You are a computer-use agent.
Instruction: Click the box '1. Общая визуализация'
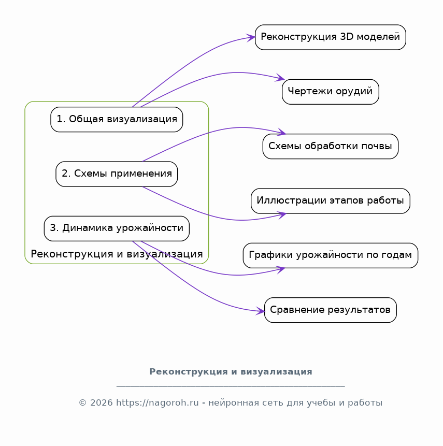(x=117, y=120)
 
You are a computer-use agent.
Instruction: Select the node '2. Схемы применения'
(x=117, y=174)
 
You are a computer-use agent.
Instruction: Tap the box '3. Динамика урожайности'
(x=117, y=228)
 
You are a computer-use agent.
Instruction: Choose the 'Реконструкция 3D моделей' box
(x=331, y=37)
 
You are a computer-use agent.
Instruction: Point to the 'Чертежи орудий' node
(x=331, y=92)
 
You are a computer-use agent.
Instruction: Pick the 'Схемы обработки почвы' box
(x=331, y=147)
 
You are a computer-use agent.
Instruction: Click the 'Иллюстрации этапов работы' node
(x=331, y=201)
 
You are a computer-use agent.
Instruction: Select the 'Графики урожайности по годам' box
(x=331, y=255)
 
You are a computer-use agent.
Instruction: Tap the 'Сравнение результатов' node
(x=331, y=310)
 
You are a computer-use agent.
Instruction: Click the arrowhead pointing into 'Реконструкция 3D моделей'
(x=251, y=37)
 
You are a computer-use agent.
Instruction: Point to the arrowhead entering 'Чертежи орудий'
(x=280, y=78)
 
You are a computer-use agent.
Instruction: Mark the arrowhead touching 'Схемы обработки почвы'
(x=281, y=132)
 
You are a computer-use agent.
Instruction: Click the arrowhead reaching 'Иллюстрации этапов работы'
(x=281, y=215)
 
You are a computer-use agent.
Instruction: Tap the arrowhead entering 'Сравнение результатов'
(x=260, y=311)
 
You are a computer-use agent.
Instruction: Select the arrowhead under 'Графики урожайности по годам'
(x=280, y=269)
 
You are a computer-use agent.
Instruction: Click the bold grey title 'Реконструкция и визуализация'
(x=231, y=372)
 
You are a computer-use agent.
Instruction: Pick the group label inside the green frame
(x=117, y=254)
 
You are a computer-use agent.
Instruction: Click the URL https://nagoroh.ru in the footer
(x=158, y=403)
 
